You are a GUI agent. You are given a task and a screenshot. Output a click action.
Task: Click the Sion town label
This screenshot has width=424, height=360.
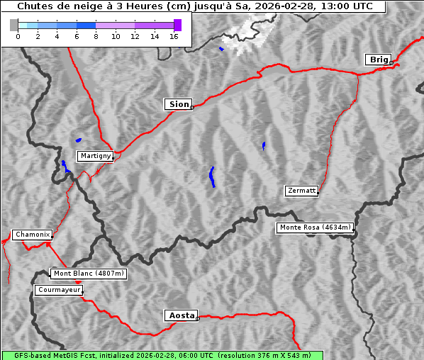coord(179,104)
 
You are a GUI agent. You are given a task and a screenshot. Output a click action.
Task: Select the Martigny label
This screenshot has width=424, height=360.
coord(95,156)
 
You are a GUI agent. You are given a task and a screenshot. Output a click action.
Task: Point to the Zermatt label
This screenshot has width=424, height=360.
coord(301,191)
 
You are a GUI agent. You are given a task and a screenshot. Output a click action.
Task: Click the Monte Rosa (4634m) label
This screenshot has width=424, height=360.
coord(315,227)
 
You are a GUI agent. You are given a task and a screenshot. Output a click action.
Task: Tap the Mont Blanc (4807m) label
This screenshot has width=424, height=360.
coord(89,274)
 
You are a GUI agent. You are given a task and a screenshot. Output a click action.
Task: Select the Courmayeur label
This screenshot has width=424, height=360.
coord(59,290)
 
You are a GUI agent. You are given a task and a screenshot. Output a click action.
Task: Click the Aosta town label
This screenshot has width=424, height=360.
coord(181,315)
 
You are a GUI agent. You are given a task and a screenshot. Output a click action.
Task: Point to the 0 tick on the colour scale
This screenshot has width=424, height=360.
coord(18,36)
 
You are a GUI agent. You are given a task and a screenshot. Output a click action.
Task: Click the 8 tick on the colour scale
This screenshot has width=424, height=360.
coord(96,36)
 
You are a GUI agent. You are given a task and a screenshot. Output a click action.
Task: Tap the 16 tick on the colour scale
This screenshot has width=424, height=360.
coord(174,36)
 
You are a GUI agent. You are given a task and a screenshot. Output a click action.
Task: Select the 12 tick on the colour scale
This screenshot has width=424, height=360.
coord(135,36)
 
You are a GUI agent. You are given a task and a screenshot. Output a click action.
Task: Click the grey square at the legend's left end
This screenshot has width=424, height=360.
coord(13,26)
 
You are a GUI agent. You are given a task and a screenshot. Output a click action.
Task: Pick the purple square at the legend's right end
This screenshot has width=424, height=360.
coord(177,26)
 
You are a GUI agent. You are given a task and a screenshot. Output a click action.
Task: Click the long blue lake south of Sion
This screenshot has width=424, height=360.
coord(212,176)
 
